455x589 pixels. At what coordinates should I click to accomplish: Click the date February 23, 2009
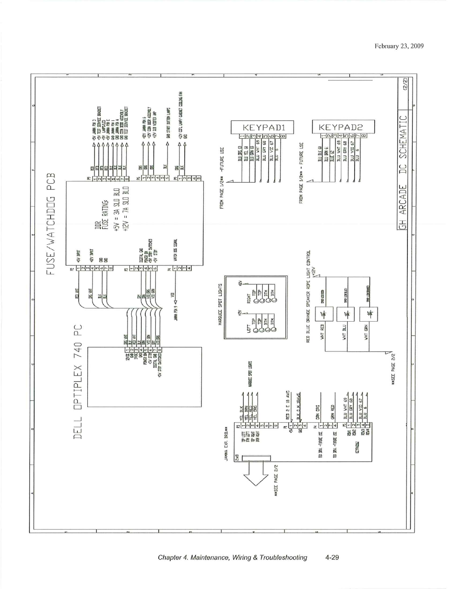tap(399, 46)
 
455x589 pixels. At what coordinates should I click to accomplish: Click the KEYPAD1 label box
tap(262, 127)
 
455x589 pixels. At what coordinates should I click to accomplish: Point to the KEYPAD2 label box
tap(343, 127)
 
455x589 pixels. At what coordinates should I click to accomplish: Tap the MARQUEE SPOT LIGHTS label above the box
tap(220, 305)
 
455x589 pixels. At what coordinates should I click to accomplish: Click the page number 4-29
tap(332, 557)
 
